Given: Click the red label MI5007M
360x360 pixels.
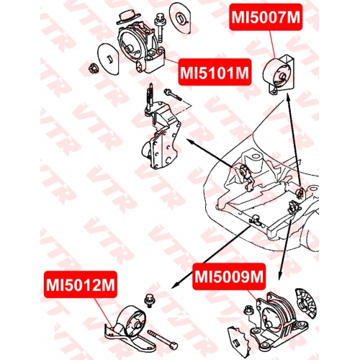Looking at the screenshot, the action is tap(266, 17).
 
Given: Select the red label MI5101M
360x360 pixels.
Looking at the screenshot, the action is tap(215, 72).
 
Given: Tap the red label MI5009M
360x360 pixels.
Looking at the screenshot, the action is tap(229, 276).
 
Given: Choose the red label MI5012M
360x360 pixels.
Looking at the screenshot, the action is tap(81, 284).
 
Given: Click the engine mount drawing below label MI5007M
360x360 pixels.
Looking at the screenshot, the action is tap(279, 75).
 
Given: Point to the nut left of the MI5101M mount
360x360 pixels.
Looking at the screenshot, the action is tap(92, 69).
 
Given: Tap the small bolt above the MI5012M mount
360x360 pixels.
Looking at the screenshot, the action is tap(149, 300).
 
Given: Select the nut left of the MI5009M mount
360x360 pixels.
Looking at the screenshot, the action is tap(248, 310).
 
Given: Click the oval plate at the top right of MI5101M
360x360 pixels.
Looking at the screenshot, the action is tap(180, 18).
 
